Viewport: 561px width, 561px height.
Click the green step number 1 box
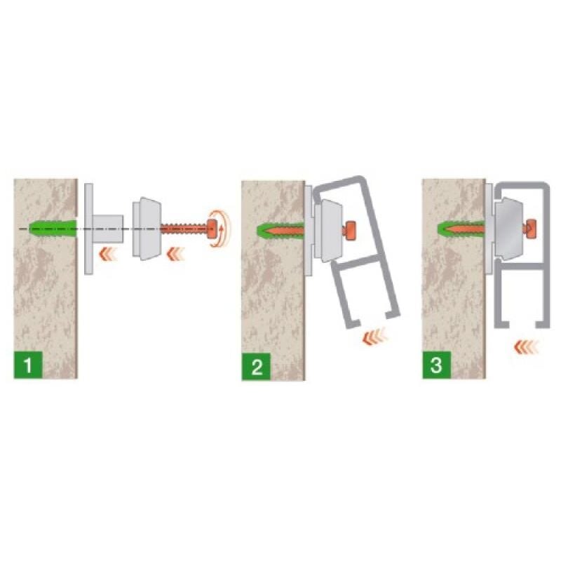pyautogui.click(x=28, y=365)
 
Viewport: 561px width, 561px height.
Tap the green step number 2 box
pyautogui.click(x=256, y=367)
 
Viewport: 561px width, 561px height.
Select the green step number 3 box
pyautogui.click(x=436, y=365)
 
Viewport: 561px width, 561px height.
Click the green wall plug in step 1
pyautogui.click(x=53, y=229)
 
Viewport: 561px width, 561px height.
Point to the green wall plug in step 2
pyautogui.click(x=281, y=230)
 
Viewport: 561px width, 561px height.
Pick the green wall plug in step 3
pyautogui.click(x=461, y=227)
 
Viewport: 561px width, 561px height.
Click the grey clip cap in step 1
pyautogui.click(x=147, y=229)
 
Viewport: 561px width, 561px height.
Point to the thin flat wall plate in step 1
pyautogui.click(x=89, y=229)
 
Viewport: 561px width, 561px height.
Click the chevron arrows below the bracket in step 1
pyautogui.click(x=108, y=254)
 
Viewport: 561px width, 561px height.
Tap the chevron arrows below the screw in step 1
pyautogui.click(x=175, y=254)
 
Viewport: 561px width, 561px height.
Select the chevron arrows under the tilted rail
pyautogui.click(x=375, y=337)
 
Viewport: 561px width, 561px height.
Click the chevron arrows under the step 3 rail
pyautogui.click(x=526, y=346)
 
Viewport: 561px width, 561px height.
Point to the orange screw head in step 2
pyautogui.click(x=351, y=231)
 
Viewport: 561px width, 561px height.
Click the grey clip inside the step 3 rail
pyautogui.click(x=509, y=229)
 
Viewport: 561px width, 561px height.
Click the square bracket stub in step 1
pyautogui.click(x=108, y=229)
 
